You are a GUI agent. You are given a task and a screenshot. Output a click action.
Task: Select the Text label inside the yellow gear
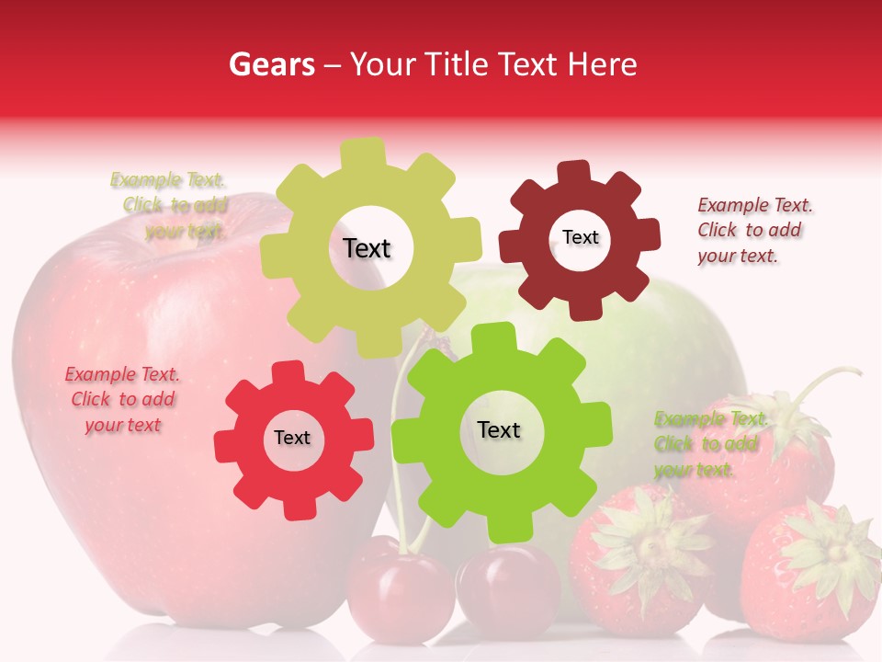[x=367, y=248]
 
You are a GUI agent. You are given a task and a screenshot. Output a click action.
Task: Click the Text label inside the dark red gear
[x=580, y=237]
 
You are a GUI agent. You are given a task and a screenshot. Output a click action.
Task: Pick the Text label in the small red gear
[x=292, y=439]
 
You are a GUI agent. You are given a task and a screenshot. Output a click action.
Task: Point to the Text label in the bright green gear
[x=499, y=430]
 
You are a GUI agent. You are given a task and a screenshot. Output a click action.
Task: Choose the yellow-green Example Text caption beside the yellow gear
[x=170, y=205]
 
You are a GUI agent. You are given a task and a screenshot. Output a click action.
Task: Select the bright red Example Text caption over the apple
[x=122, y=399]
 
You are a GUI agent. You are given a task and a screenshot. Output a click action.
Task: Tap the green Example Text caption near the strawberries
[x=709, y=444]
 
